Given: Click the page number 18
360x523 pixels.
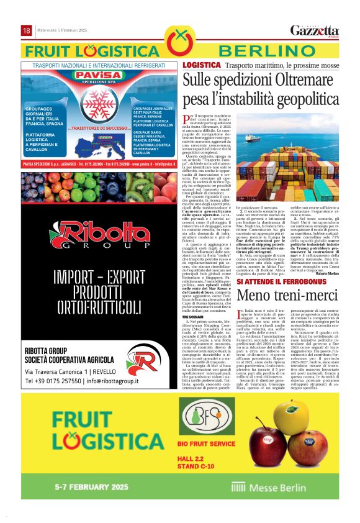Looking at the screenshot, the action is [x=27, y=30].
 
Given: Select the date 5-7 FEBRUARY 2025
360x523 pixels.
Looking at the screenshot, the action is [x=91, y=486].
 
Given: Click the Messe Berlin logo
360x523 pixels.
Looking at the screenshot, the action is [x=263, y=487].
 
